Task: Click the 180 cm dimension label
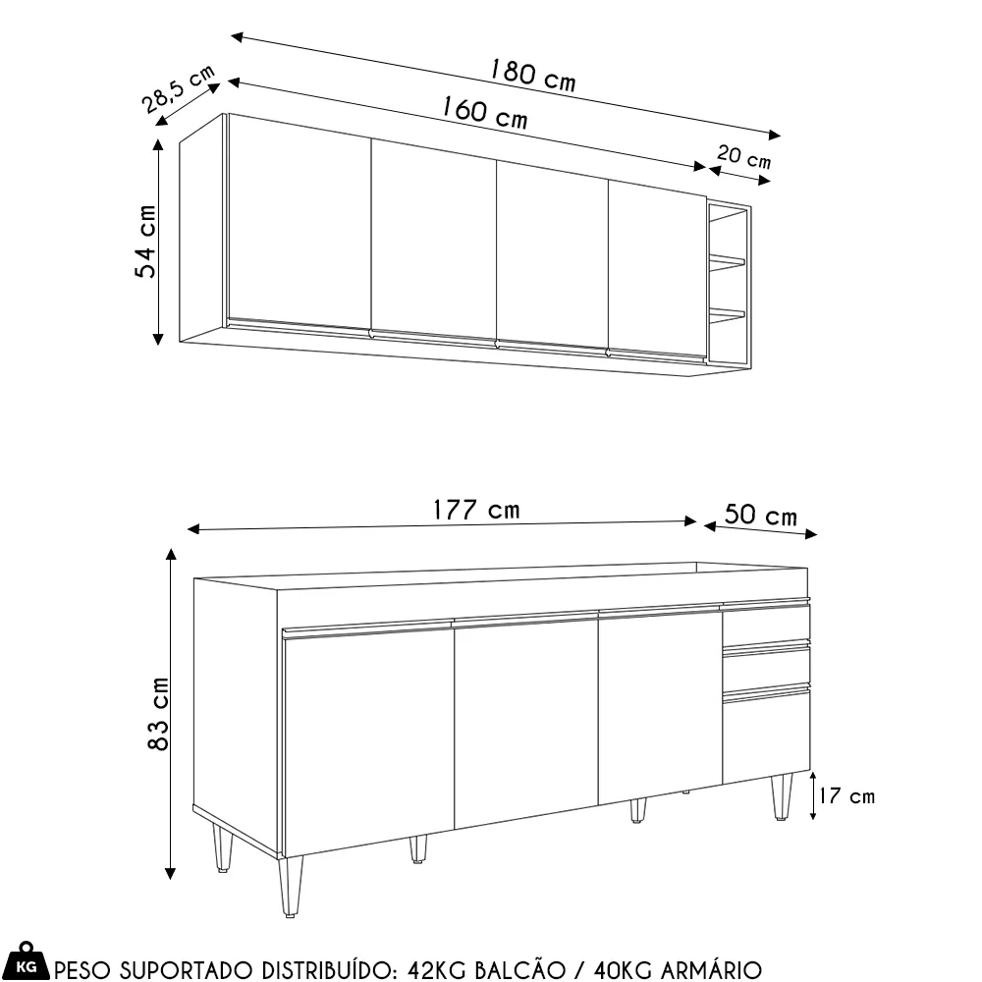pyautogui.click(x=531, y=75)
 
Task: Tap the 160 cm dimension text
pyautogui.click(x=484, y=112)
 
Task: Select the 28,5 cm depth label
pyautogui.click(x=178, y=89)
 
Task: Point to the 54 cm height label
pyautogui.click(x=145, y=242)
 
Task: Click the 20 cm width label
pyautogui.click(x=743, y=156)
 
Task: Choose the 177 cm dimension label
pyautogui.click(x=476, y=510)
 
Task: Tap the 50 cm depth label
pyautogui.click(x=761, y=515)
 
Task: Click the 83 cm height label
pyautogui.click(x=158, y=713)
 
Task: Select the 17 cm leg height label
pyautogui.click(x=846, y=796)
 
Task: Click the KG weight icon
pyautogui.click(x=26, y=961)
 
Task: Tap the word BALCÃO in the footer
pyautogui.click(x=519, y=969)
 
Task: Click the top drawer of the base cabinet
pyautogui.click(x=767, y=624)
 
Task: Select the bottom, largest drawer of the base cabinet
pyautogui.click(x=767, y=736)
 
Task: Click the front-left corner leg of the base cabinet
pyautogui.click(x=291, y=886)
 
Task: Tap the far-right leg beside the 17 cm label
pyautogui.click(x=782, y=796)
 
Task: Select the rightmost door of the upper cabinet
pyautogui.click(x=658, y=270)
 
